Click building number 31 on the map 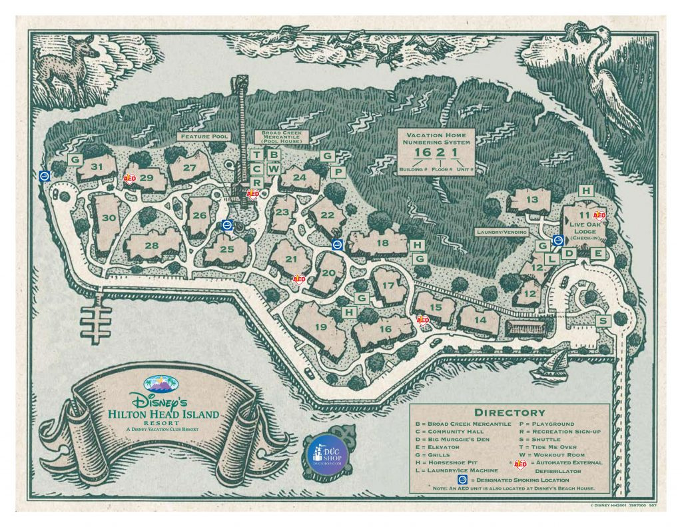click(97, 167)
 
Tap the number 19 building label click(321, 327)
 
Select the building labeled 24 click(299, 178)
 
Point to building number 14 click(480, 320)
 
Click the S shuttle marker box click(603, 321)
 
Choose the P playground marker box click(338, 172)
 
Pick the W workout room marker click(273, 169)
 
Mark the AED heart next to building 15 click(422, 320)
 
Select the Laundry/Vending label click(502, 233)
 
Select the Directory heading click(510, 413)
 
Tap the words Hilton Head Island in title click(164, 414)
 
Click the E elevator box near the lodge click(597, 254)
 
